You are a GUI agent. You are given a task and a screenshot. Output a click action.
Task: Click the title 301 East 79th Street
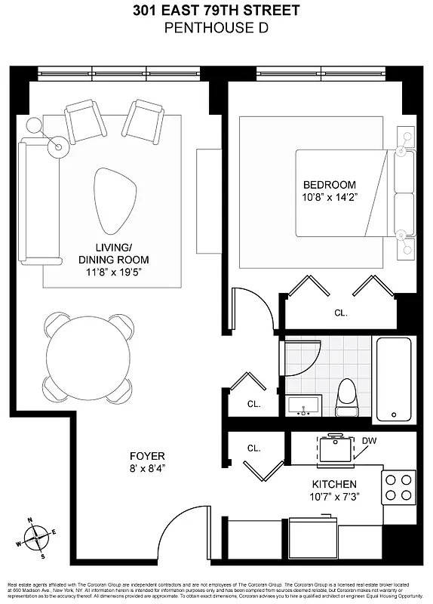216,11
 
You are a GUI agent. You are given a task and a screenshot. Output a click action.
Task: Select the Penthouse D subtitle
216,29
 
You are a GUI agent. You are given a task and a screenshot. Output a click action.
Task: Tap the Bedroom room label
329,185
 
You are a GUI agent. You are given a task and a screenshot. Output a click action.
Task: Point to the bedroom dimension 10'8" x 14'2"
329,197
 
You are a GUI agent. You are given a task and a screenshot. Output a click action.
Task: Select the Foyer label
146,456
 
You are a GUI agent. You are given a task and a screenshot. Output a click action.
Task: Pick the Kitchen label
335,484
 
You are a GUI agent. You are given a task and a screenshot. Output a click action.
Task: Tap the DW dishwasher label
369,441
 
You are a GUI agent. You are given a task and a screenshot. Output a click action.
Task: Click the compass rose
35,538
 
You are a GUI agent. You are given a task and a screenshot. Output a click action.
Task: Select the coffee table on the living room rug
115,201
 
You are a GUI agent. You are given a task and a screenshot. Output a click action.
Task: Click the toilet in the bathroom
347,398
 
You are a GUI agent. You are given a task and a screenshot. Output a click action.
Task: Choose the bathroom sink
305,405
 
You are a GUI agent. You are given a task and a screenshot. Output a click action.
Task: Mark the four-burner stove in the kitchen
399,487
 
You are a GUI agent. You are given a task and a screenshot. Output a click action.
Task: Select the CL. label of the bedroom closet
340,313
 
